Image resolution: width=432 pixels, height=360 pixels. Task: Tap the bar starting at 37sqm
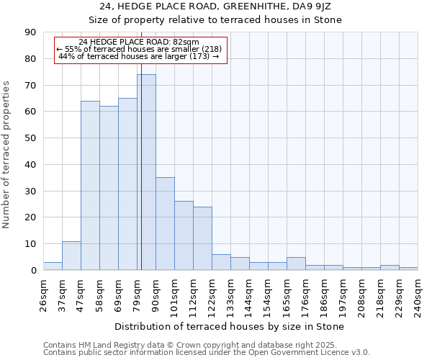click(x=71, y=256)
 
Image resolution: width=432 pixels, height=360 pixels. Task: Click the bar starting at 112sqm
click(x=202, y=238)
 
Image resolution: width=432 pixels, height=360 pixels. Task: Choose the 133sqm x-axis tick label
click(x=231, y=296)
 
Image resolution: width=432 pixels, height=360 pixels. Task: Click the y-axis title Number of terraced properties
click(x=7, y=155)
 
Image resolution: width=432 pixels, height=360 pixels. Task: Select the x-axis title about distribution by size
click(x=230, y=326)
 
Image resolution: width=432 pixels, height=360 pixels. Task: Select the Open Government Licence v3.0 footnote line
click(x=207, y=352)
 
